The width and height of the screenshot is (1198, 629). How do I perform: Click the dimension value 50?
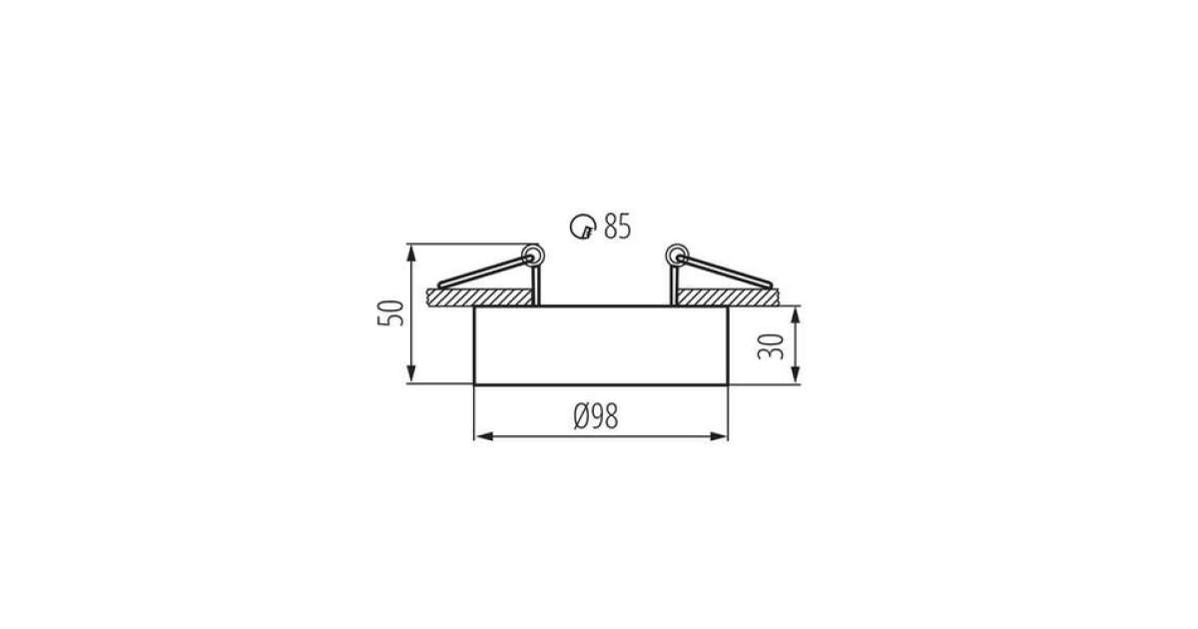[x=391, y=314]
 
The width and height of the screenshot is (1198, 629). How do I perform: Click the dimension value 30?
[x=771, y=346]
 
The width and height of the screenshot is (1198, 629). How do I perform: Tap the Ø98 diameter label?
[x=596, y=416]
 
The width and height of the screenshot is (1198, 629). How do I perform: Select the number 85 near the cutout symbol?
[x=617, y=227]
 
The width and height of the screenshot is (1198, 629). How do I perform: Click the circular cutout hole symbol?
[x=582, y=227]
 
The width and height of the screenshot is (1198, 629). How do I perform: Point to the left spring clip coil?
[x=533, y=256]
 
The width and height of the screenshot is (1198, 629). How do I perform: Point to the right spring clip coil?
[x=677, y=256]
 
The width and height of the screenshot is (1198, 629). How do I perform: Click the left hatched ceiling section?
[x=480, y=298]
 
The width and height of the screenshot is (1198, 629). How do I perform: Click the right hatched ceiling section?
[x=728, y=298]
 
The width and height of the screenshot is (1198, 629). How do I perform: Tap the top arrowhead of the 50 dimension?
[x=410, y=253]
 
